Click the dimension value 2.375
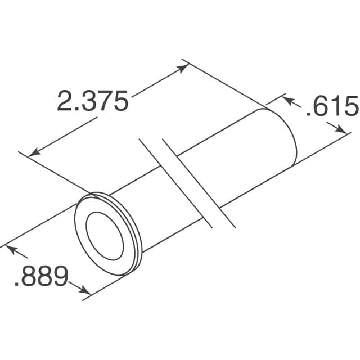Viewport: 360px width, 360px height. [x=93, y=101]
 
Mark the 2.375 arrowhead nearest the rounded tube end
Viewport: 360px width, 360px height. [x=183, y=68]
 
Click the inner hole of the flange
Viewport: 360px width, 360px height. [x=104, y=230]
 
